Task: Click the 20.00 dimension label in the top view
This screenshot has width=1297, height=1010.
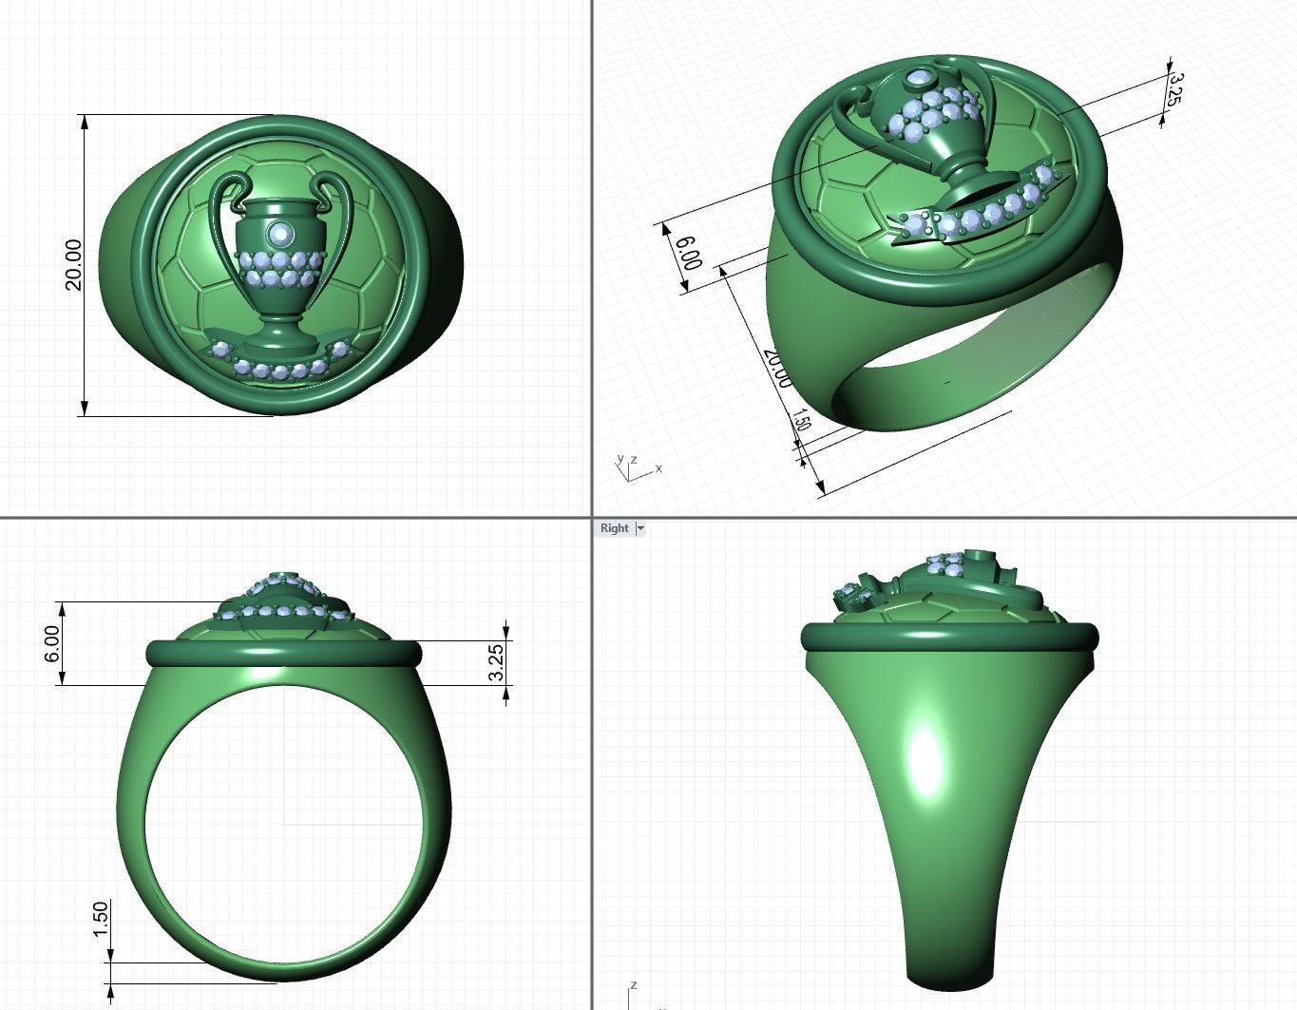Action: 73,265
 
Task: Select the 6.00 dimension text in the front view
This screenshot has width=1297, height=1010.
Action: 52,643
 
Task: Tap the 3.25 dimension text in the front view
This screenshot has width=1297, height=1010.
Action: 495,661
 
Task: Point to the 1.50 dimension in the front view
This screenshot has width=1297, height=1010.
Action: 101,919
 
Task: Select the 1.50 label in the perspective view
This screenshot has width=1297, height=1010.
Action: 800,421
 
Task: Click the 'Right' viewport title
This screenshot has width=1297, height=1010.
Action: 614,528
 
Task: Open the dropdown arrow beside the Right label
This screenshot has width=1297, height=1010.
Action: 640,528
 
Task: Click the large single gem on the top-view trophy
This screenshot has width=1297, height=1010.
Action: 280,233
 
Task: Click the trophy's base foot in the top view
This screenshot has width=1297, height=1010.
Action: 280,340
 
